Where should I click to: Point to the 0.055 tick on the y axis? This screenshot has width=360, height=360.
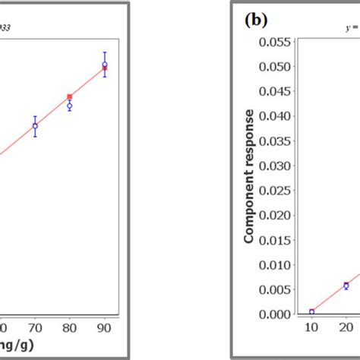(277, 41)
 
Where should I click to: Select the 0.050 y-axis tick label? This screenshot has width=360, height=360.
(277, 66)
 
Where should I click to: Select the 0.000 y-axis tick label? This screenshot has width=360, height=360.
(277, 314)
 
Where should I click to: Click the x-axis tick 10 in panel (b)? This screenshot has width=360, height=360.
(311, 327)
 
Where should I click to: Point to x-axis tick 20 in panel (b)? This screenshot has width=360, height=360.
(346, 327)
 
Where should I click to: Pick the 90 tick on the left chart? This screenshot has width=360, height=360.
(105, 327)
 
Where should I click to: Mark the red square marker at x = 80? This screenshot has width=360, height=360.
(70, 96)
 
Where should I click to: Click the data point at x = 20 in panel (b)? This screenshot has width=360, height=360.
(346, 286)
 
